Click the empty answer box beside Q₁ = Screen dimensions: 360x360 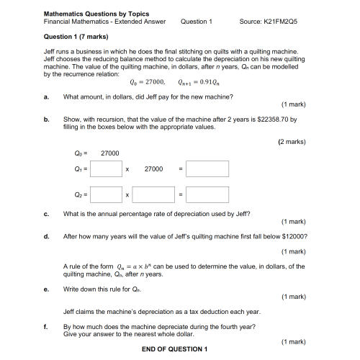(106, 169)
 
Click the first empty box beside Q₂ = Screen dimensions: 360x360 (106, 194)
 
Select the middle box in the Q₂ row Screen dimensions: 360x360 (154, 194)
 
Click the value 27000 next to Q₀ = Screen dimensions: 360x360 (109, 153)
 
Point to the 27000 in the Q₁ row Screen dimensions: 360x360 (153, 169)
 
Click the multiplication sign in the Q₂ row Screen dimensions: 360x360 (127, 195)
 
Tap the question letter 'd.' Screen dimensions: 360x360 (46, 236)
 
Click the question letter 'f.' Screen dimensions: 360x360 (46, 325)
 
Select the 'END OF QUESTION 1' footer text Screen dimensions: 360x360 (174, 349)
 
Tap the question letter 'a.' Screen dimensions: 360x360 (46, 96)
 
